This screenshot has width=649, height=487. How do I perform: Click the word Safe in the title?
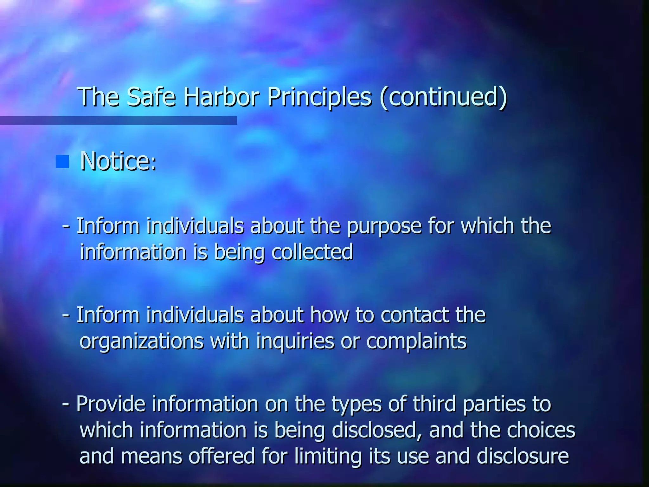pyautogui.click(x=151, y=97)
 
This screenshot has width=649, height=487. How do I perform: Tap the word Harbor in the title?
pyautogui.click(x=222, y=97)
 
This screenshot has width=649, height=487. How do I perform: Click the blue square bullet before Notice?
pyautogui.click(x=62, y=162)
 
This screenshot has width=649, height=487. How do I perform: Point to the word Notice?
pyautogui.click(x=118, y=161)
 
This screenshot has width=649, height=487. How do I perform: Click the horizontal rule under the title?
pyautogui.click(x=119, y=120)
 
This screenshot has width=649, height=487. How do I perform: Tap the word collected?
pyautogui.click(x=312, y=252)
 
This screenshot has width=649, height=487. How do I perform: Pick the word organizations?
pyautogui.click(x=142, y=342)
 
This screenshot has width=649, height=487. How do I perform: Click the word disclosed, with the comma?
pyautogui.click(x=377, y=431)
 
